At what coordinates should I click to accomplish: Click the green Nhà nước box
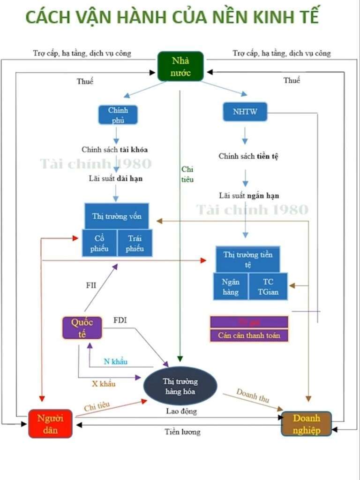[x=180, y=66]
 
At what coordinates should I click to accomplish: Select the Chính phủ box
[x=118, y=115]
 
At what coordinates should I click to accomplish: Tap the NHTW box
[x=245, y=112]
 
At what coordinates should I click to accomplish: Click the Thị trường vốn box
[x=117, y=216]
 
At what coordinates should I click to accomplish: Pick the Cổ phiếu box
[x=99, y=243]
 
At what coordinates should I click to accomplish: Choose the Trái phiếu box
[x=135, y=243]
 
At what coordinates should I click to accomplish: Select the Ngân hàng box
[x=231, y=287]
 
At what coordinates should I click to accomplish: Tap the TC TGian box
[x=268, y=287]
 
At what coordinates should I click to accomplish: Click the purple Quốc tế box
[x=82, y=328]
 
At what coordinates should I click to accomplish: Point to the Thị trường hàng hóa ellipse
[x=180, y=386]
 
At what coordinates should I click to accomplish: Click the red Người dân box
[x=51, y=423]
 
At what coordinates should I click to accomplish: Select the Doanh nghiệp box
[x=307, y=424]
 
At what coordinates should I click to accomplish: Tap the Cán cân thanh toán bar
[x=249, y=336]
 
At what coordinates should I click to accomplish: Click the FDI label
[x=120, y=320]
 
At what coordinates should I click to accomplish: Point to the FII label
[x=91, y=285]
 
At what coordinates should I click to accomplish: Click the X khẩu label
[x=104, y=383]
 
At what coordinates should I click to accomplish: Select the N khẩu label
[x=115, y=361]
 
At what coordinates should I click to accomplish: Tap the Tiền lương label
[x=182, y=432]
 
